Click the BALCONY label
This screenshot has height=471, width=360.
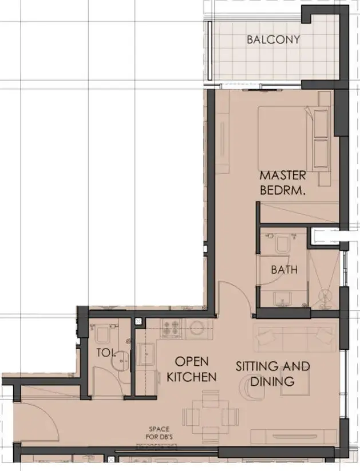coord(273,39)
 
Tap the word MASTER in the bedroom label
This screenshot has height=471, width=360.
coord(283,175)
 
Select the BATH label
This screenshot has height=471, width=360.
coord(284,269)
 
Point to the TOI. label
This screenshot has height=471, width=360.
coord(104,353)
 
